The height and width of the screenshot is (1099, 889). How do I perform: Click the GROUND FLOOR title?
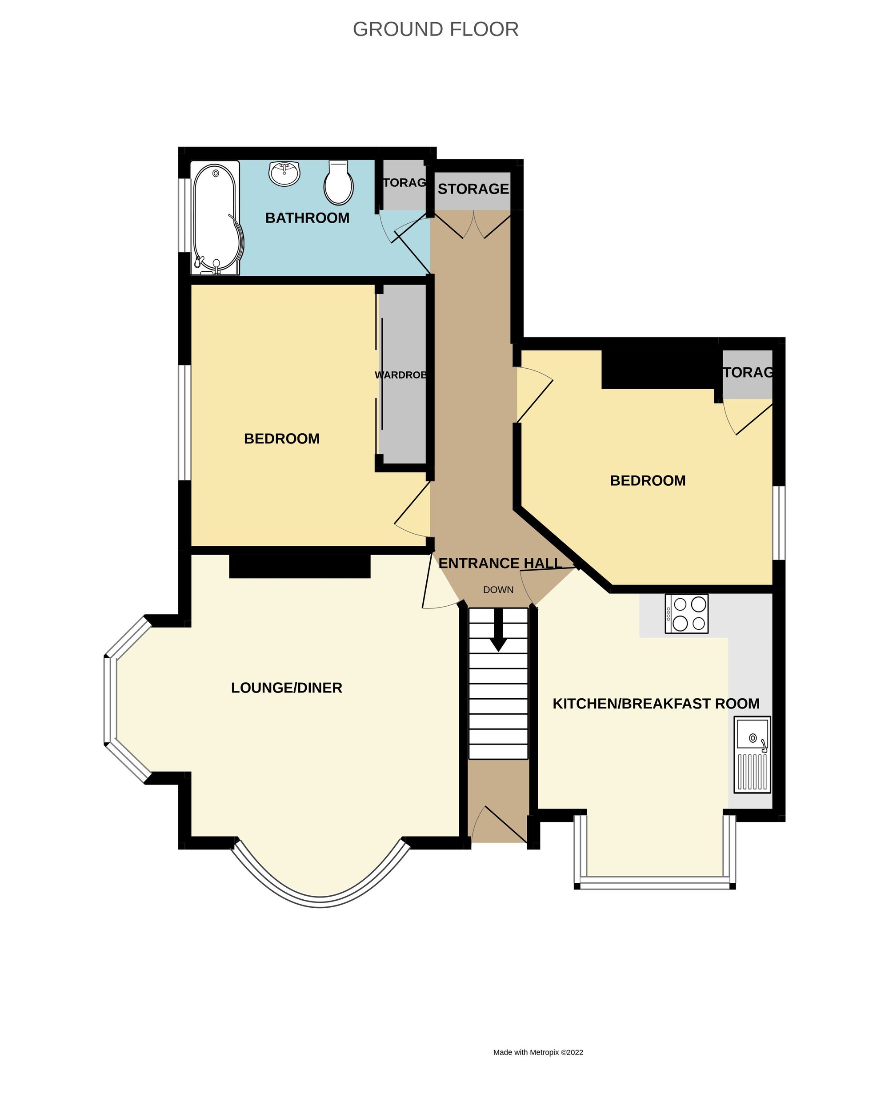pyautogui.click(x=435, y=29)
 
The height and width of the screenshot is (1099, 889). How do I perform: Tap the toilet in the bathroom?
pyautogui.click(x=339, y=183)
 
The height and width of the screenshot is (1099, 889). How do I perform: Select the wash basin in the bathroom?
pyautogui.click(x=284, y=173)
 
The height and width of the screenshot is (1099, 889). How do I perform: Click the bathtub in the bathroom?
pyautogui.click(x=216, y=218)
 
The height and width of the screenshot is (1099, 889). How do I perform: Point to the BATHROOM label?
pyautogui.click(x=307, y=218)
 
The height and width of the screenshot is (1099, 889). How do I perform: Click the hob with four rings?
pyautogui.click(x=686, y=613)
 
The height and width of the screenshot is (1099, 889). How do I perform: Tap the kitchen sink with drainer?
pyautogui.click(x=752, y=754)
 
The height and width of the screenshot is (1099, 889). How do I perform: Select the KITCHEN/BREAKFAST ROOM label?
pyautogui.click(x=656, y=704)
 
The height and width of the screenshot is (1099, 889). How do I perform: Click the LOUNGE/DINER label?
pyautogui.click(x=286, y=688)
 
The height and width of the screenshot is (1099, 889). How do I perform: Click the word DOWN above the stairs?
pyautogui.click(x=498, y=590)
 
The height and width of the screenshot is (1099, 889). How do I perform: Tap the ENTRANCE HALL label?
pyautogui.click(x=500, y=563)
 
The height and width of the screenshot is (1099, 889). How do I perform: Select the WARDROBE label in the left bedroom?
pyautogui.click(x=401, y=375)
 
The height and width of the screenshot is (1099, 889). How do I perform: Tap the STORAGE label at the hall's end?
pyautogui.click(x=473, y=189)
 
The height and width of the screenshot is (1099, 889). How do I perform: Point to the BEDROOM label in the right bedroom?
pyautogui.click(x=647, y=481)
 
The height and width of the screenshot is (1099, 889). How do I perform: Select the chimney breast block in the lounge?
pyautogui.click(x=300, y=567)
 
